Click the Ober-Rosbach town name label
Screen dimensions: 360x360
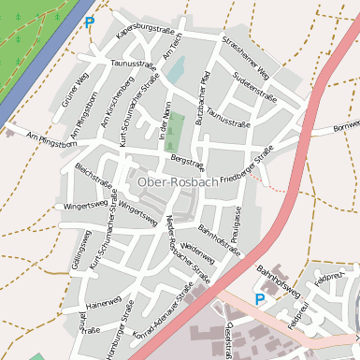point(179,181)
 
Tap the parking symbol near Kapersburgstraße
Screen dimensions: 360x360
point(90,22)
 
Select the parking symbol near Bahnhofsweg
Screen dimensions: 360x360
point(260,298)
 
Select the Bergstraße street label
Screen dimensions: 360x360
point(189,164)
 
